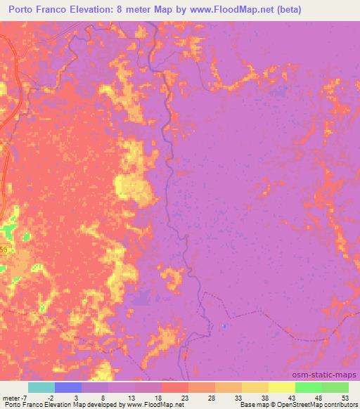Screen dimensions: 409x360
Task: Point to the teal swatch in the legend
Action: point(41,387)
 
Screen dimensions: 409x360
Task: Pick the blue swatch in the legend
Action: point(68,387)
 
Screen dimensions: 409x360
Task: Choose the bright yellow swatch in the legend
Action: point(282,387)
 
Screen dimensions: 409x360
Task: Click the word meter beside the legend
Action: point(10,396)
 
